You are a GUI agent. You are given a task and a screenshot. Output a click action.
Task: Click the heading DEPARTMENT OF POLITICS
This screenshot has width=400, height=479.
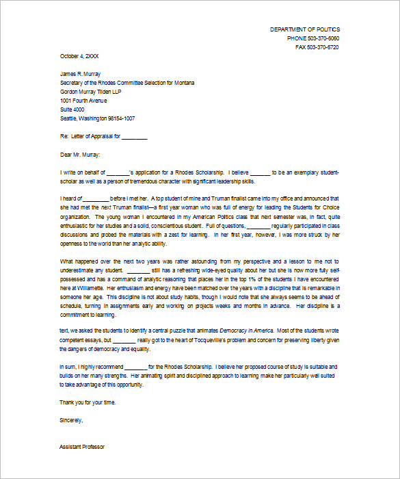pos(304,29)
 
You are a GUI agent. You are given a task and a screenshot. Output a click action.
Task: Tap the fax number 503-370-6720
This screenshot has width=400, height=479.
pos(323,47)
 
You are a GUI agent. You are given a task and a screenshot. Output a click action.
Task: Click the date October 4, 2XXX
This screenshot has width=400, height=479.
pos(79,56)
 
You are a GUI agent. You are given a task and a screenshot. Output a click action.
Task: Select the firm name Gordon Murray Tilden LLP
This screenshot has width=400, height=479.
pos(94,92)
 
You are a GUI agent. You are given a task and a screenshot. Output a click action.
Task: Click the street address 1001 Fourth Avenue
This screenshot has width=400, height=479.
pos(83,101)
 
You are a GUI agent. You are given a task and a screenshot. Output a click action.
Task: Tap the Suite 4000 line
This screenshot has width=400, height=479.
pos(72,109)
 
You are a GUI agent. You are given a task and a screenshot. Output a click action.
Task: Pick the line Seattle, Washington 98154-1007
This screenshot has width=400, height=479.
pos(97,118)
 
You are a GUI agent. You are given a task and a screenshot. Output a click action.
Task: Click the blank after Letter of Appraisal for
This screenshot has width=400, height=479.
pos(135,137)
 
